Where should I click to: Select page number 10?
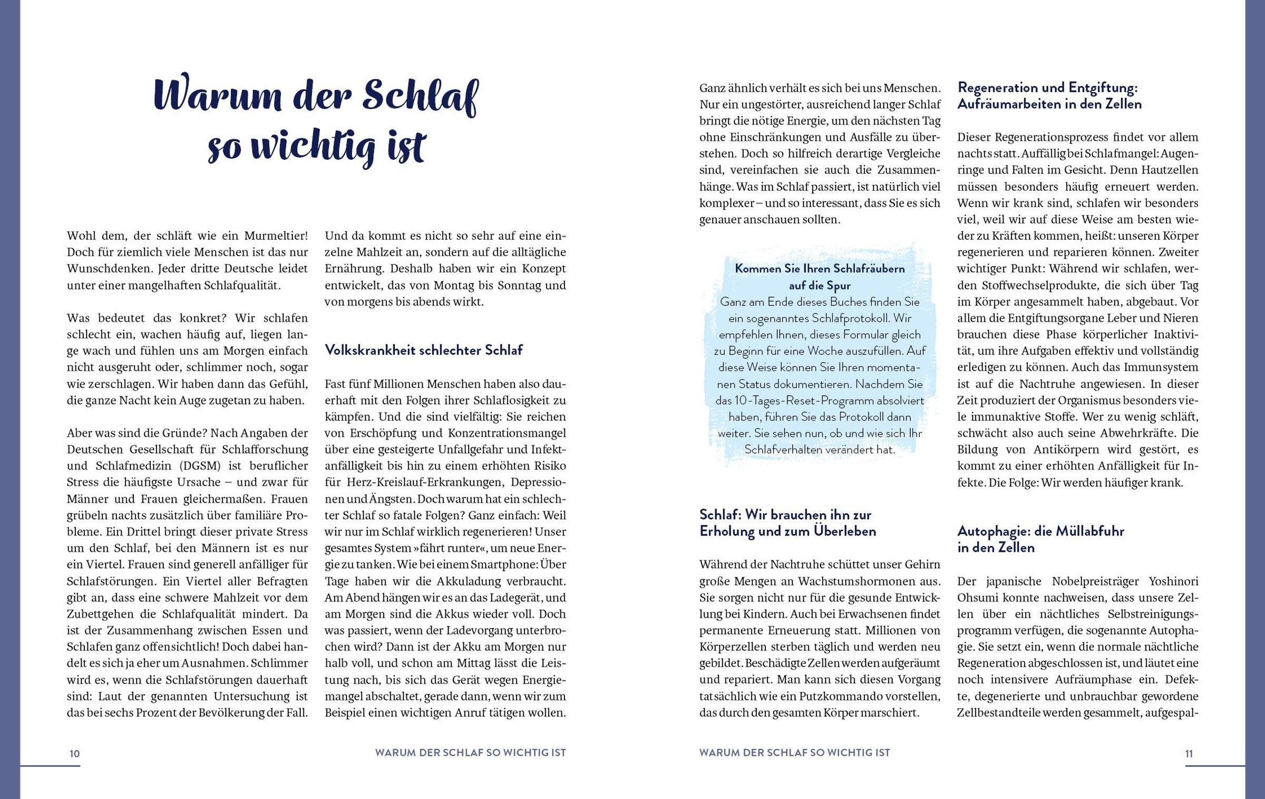74,754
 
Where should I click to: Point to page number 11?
1189,754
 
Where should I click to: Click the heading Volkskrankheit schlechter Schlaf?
423,350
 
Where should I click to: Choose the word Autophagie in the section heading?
994,531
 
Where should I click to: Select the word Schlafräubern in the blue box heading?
853,269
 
